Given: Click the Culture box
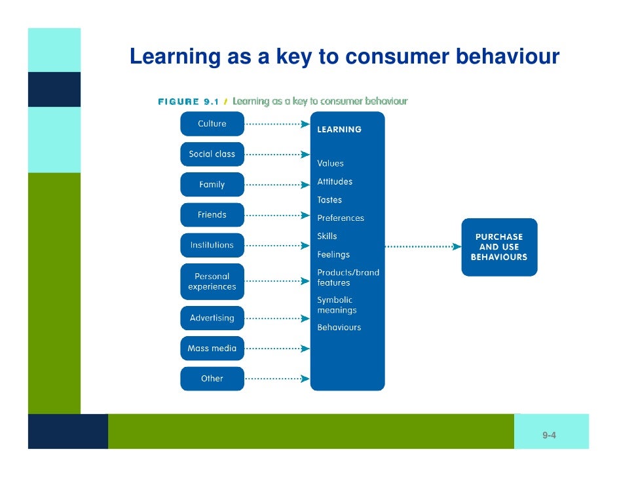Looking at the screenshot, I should [212, 124].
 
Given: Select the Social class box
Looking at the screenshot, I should [212, 154].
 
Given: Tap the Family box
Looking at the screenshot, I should [212, 185].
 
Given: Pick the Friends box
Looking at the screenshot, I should [212, 215].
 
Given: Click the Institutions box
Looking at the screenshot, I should [212, 245].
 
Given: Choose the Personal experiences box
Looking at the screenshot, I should [212, 282].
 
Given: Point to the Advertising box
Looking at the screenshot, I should [212, 318].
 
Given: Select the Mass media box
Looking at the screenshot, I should [212, 348].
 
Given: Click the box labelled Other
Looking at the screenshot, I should [212, 378].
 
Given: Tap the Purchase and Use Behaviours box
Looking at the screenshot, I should [499, 247].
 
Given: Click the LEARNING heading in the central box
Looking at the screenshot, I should [339, 130].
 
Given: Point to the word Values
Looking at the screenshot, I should [331, 164].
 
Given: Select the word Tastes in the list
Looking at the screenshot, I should [329, 200].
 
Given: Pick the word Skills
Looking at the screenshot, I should [327, 236].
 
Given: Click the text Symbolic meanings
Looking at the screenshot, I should [337, 305].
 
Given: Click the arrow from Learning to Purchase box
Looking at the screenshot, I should [422, 246].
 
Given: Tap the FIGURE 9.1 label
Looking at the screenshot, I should [188, 102].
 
